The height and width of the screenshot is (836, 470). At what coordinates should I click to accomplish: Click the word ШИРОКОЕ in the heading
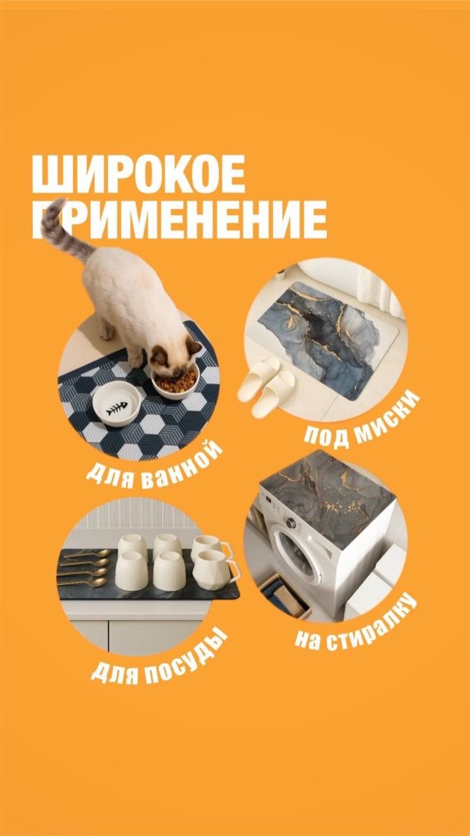(x=138, y=174)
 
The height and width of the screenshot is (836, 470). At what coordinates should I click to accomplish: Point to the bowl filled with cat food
(x=175, y=381)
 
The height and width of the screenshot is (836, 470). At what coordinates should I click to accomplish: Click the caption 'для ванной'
(x=155, y=466)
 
